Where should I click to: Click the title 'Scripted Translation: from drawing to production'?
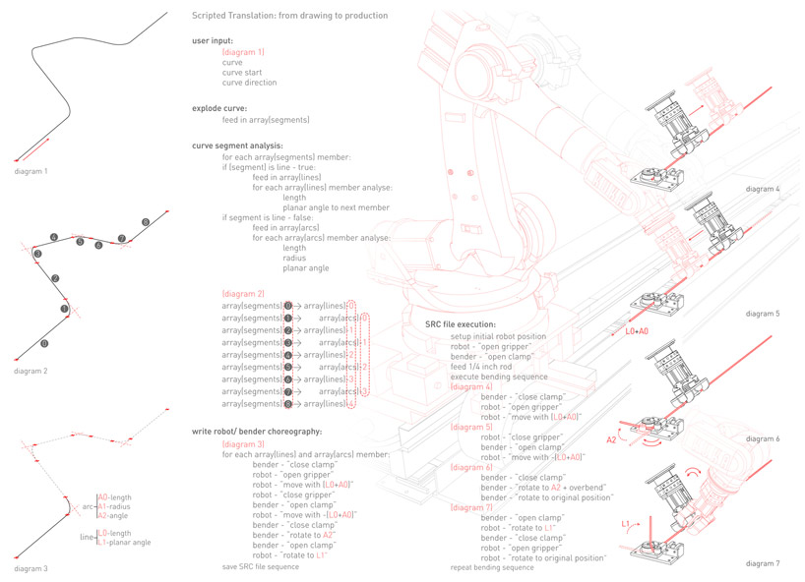click(289, 16)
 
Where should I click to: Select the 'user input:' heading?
click(213, 40)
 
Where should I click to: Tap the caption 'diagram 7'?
click(763, 563)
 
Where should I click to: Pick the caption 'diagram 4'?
click(763, 188)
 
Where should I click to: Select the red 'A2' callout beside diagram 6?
click(610, 440)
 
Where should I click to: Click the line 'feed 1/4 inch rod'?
click(480, 366)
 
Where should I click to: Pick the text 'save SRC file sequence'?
click(261, 567)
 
